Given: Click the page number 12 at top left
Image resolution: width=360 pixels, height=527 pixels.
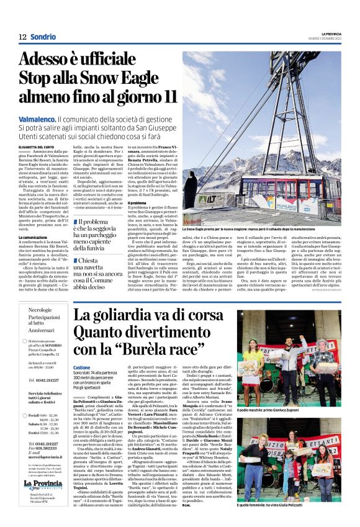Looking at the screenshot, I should [x=22, y=37].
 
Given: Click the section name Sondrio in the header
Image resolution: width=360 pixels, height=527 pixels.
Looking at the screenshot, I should [x=43, y=37].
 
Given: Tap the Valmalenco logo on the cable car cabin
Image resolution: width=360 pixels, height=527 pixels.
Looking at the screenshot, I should [x=287, y=204].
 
